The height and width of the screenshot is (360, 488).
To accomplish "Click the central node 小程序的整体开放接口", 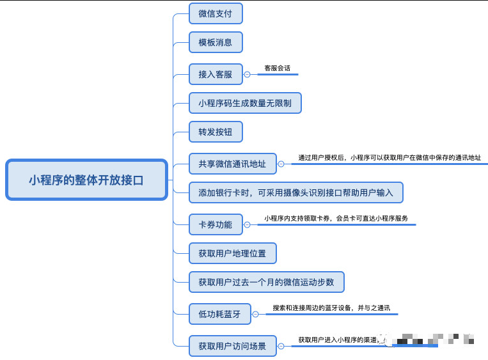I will tap(86, 180).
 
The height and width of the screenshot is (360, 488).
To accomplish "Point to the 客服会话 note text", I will tap(278, 68).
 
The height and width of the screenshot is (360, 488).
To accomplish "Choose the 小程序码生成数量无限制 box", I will tap(245, 103).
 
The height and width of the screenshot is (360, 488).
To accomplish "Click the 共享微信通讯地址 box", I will tap(232, 164).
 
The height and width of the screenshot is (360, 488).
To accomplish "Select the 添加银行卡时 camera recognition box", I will tap(296, 192).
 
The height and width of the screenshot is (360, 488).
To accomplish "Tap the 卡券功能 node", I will tap(216, 224).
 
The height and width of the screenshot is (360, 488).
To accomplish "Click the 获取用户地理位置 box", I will tap(232, 253).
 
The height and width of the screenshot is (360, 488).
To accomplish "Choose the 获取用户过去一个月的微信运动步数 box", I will tap(267, 281).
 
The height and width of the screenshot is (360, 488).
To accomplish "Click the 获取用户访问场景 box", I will tap(232, 346).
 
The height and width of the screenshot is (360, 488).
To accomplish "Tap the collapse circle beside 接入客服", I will tap(248, 74).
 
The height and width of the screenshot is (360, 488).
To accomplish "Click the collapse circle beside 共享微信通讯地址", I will tap(281, 164).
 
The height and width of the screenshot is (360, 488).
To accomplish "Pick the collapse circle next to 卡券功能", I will tap(248, 224).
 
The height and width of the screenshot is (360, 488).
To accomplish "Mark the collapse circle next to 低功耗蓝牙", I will tap(256, 313).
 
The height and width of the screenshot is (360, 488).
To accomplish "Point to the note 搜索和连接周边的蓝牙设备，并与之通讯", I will tap(331, 308).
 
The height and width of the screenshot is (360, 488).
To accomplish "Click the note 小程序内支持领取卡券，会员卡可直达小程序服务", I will tap(336, 218).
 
